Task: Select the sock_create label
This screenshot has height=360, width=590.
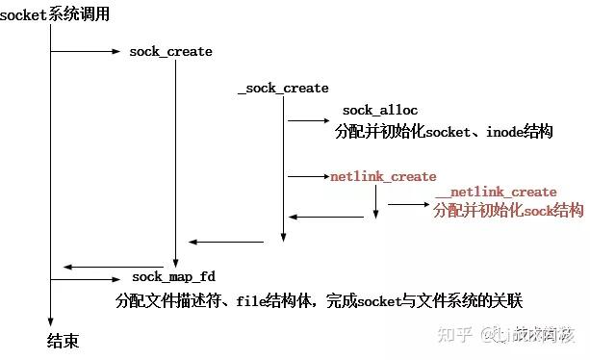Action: [170, 51]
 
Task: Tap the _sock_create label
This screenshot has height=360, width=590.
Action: [283, 88]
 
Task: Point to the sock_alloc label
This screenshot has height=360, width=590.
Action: [380, 111]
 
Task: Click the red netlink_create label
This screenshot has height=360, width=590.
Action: [383, 177]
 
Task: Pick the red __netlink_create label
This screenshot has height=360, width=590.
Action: [496, 192]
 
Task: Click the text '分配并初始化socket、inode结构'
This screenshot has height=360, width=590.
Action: [444, 131]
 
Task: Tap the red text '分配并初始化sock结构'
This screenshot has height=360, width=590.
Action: [508, 210]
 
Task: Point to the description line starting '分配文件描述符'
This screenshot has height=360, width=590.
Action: [318, 300]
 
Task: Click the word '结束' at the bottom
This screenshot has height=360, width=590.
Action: [63, 341]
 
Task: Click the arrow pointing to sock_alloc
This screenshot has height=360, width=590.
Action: [308, 120]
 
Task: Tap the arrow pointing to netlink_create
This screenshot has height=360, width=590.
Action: [308, 177]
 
